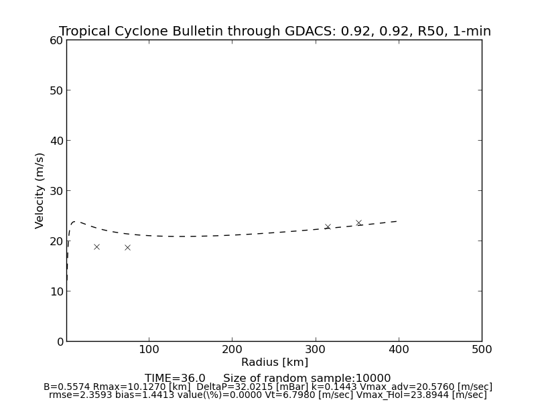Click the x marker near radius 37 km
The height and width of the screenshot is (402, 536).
(96, 247)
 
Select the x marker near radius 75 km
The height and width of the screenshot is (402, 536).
(127, 247)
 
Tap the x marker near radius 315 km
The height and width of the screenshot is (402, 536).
(328, 226)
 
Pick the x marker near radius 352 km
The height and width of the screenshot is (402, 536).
(358, 222)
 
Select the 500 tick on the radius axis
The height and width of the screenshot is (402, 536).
(481, 349)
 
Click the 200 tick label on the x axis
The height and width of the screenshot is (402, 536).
(232, 349)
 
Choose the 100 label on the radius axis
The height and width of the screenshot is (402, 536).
(149, 349)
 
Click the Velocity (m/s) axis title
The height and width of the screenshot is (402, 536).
(40, 190)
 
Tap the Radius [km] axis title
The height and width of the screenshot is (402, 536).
(275, 362)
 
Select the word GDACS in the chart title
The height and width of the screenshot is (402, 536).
(316, 31)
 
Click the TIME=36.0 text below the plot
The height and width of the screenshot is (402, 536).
(175, 379)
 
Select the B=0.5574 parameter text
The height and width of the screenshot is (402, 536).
(66, 387)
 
